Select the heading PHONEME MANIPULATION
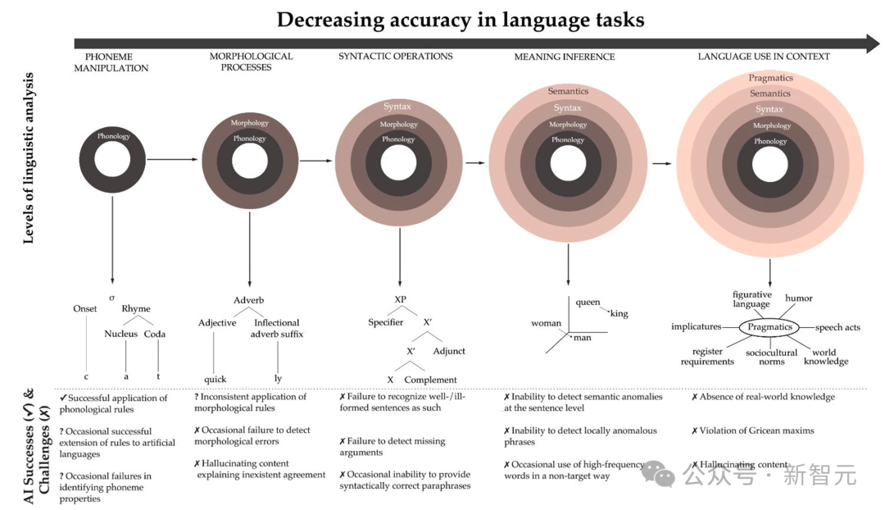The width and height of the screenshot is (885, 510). coord(111,62)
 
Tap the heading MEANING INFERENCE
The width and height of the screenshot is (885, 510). coord(564,57)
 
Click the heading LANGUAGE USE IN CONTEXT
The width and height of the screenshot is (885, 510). coord(764,57)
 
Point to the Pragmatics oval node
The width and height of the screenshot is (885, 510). coord(769,327)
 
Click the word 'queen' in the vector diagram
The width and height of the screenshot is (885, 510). coord(588,302)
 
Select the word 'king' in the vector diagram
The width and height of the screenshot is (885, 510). coord(619,313)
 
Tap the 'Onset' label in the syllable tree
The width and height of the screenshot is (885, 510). coord(84,309)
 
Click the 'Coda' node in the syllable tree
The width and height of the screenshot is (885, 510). coord(155,334)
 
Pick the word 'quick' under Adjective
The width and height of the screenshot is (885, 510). coord(215,379)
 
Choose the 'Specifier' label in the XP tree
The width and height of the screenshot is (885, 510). coord(385,322)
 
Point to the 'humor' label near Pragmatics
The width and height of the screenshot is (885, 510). coord(799,298)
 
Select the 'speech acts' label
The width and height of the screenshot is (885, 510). coord(837,327)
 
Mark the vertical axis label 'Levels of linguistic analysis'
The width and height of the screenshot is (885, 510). coord(29,157)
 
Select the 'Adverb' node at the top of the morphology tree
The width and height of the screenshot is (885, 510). coord(248,300)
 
